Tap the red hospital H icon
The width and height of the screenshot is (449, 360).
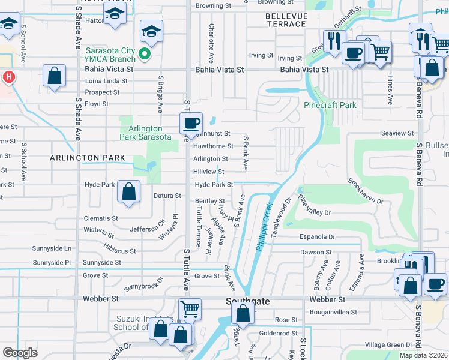click(x=8, y=77)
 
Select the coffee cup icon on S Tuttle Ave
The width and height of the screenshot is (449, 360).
click(x=191, y=124)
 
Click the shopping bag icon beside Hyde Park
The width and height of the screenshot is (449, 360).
click(x=129, y=192)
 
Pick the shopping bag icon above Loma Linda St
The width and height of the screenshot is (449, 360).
click(x=55, y=77)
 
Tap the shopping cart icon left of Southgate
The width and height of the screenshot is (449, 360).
click(x=190, y=310)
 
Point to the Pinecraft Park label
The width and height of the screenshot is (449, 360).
click(x=330, y=105)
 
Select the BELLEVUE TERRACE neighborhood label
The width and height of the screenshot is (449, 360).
click(x=286, y=19)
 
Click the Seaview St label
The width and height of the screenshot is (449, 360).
click(x=397, y=133)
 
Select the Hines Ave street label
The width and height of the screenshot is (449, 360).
click(x=390, y=90)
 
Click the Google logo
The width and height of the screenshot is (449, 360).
click(x=20, y=353)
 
